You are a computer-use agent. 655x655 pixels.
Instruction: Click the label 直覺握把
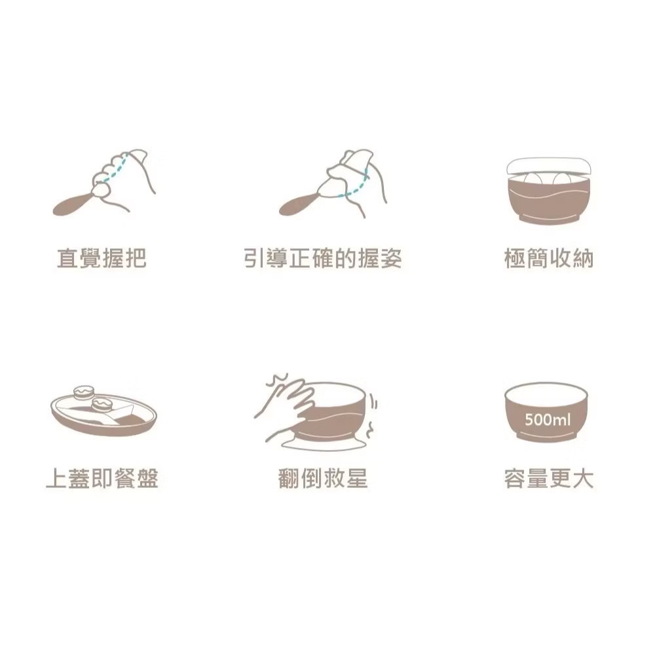[x=101, y=259]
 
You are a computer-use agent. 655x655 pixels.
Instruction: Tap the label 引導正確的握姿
[x=322, y=259]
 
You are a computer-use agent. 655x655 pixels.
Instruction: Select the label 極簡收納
[x=548, y=259]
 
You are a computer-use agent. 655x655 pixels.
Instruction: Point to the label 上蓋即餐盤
[x=102, y=479]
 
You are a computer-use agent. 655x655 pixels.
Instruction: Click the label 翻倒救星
[x=322, y=479]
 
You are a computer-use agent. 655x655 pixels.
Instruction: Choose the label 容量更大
[x=548, y=479]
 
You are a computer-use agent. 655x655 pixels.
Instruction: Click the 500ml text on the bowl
[x=548, y=419]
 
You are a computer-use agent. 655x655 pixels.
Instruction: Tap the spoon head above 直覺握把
[x=68, y=204]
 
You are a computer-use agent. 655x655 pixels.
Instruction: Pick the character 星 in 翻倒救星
[x=356, y=479]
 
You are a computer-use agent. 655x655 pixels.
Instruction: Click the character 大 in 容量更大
[x=582, y=479]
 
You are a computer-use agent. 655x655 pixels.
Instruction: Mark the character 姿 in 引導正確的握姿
[x=390, y=259]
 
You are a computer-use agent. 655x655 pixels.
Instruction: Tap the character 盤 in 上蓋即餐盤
[x=147, y=479]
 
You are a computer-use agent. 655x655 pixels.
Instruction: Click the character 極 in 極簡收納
[x=515, y=259]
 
